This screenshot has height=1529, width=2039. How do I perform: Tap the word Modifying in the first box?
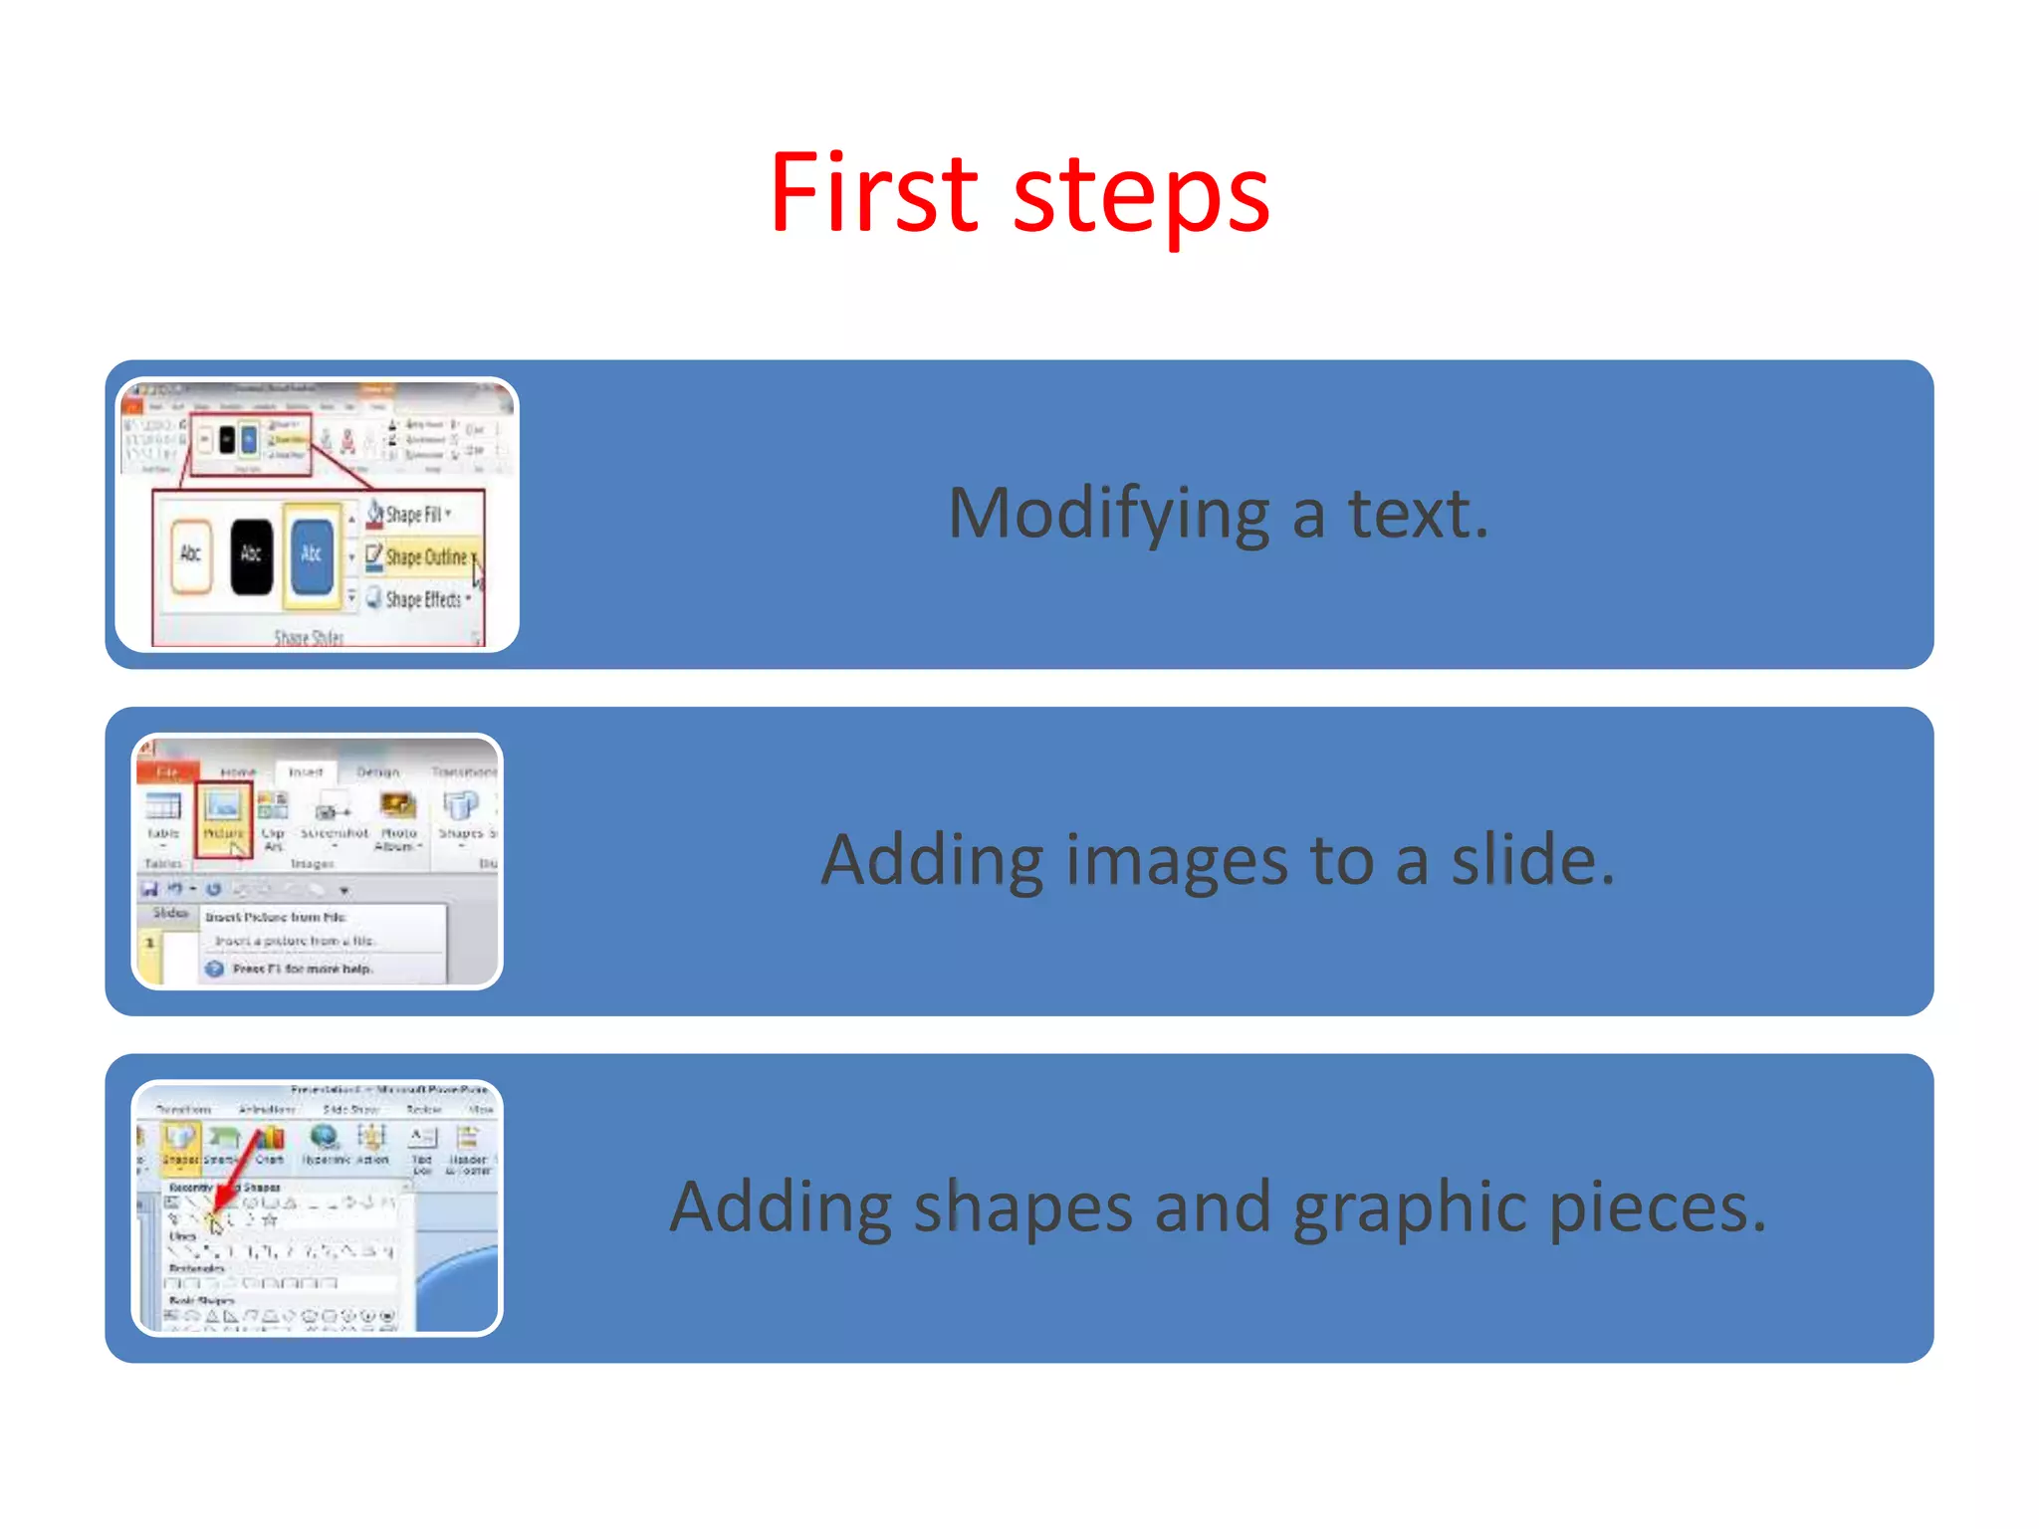coord(1108,515)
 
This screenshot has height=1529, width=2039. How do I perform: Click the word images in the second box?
coord(1177,861)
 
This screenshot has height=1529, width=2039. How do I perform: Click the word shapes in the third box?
coord(1022,1207)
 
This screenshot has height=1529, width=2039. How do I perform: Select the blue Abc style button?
coord(312,555)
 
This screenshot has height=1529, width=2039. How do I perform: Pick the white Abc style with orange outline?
coord(191,555)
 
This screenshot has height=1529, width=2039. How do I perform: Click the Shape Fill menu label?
coord(412,515)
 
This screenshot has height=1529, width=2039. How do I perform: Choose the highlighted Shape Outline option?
coord(424,557)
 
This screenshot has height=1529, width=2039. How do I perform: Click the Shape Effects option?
coord(422,599)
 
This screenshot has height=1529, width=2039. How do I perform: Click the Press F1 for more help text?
coord(302,969)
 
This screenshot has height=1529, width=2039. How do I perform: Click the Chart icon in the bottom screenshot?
coord(270,1145)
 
